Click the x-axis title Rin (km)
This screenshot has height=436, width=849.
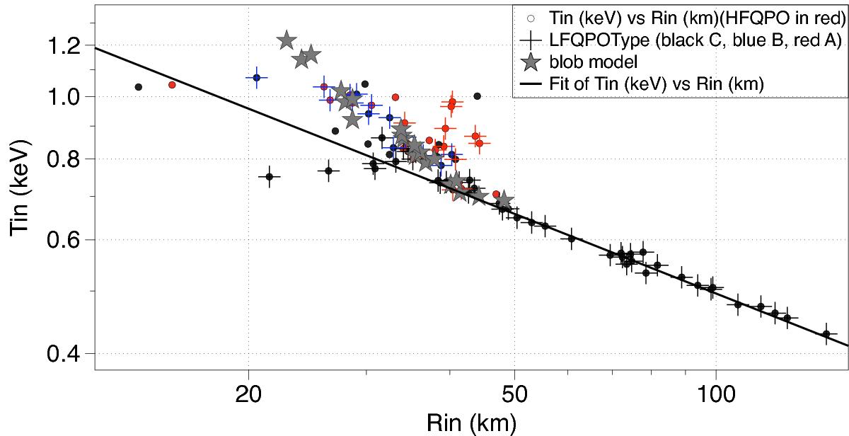(471, 423)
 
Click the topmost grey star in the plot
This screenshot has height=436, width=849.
(287, 40)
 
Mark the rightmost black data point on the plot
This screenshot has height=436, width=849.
(826, 333)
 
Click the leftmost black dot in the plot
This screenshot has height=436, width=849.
(139, 87)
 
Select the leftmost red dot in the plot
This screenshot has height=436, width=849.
(172, 84)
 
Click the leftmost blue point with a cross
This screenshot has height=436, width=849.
(257, 77)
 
